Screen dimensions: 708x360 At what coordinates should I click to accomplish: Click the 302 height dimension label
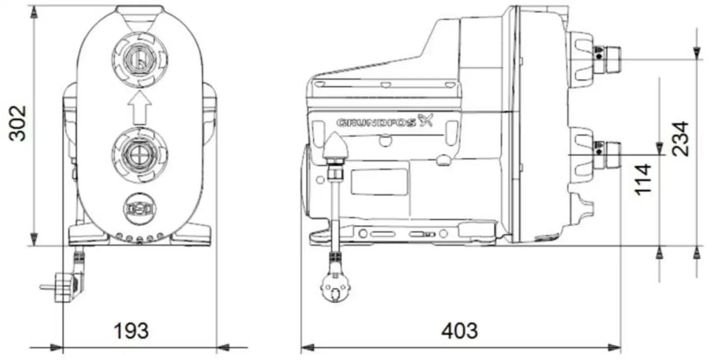19,123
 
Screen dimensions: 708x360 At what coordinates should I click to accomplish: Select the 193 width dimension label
131,331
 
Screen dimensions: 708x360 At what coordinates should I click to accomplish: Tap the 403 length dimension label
459,331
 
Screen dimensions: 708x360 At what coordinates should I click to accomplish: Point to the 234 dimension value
681,139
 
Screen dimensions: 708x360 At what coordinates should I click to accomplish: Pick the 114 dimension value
643,180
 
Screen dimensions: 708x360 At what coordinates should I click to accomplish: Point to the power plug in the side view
335,287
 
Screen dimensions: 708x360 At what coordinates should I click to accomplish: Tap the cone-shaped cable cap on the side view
335,145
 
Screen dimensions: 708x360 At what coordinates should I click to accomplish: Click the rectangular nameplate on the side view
379,182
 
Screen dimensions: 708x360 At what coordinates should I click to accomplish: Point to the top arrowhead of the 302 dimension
33,12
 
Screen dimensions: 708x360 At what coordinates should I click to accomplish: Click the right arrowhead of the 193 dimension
223,348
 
